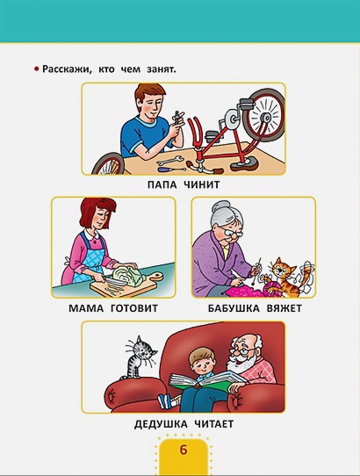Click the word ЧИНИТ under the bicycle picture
202,184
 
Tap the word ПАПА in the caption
162,184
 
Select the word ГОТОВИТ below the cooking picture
134,308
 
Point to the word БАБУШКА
234,308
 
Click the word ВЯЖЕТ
284,308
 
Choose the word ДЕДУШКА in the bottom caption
161,424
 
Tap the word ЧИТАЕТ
214,424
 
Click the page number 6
183,450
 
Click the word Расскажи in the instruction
67,69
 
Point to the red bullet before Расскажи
36,69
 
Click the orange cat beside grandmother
283,278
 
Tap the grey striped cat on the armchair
139,357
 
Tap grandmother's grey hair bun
220,206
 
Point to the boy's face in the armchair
201,364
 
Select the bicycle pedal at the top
248,103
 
